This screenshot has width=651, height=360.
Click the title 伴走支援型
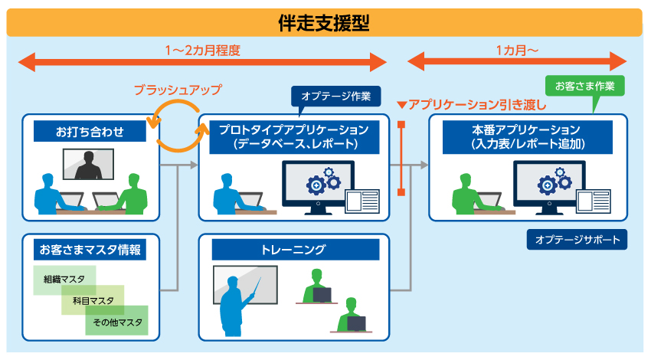tap(324, 23)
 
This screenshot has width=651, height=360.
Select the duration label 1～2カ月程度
tap(202, 51)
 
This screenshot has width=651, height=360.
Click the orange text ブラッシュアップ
tap(178, 90)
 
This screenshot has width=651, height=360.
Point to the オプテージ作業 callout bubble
tap(335, 96)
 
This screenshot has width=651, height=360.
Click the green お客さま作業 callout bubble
tap(584, 84)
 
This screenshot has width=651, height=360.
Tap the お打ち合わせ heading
tap(90, 131)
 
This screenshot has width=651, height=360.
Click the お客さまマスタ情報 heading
tap(90, 249)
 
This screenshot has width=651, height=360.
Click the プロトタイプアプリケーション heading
tap(294, 136)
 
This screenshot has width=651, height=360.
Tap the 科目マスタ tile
tap(93, 300)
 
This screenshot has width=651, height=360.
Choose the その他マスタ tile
tap(117, 322)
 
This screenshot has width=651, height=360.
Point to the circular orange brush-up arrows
tap(178, 126)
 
